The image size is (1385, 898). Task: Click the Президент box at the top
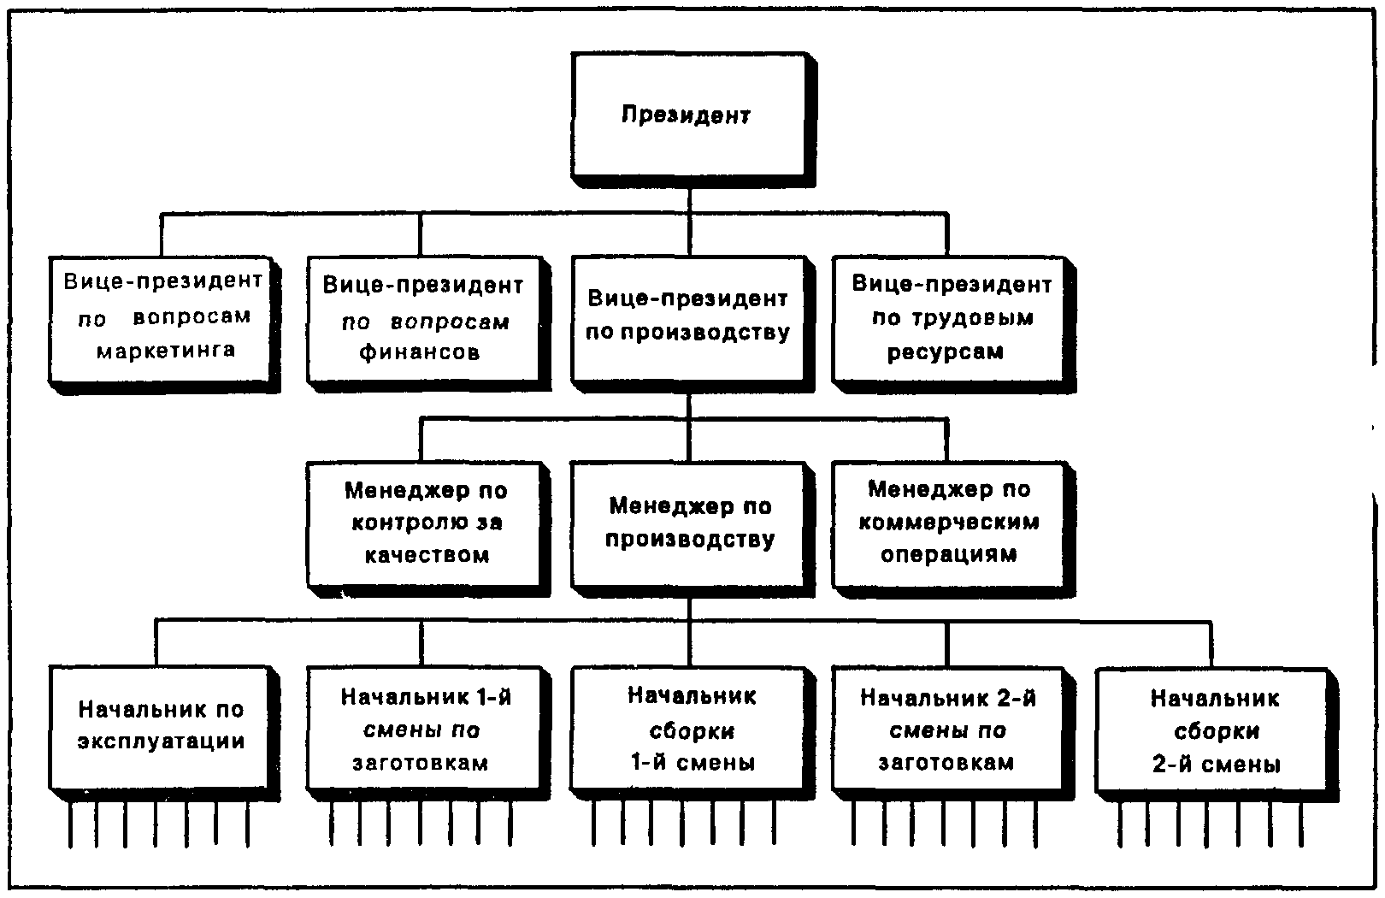[687, 115]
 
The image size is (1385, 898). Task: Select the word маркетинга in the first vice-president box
[165, 350]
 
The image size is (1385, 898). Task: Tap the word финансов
[419, 352]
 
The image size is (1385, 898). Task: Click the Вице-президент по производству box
[687, 316]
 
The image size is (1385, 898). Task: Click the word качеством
[427, 555]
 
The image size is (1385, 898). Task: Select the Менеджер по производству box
[689, 523]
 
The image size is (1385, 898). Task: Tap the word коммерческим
[949, 522]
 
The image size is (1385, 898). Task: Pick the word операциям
[948, 554]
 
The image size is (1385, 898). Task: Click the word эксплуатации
[162, 741]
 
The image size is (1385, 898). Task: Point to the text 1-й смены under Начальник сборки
[691, 762]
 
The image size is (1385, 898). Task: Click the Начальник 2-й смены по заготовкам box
[947, 729]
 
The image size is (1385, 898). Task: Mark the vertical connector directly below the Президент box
[689, 198]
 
